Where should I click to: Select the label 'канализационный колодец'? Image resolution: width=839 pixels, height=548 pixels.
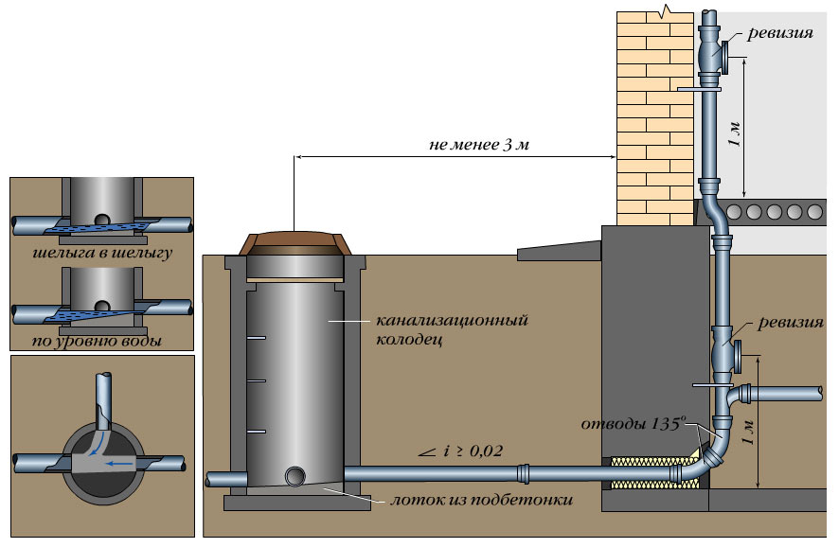(450, 328)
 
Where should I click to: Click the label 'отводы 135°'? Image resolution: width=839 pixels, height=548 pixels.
(629, 425)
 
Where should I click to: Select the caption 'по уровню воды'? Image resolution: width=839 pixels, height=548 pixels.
(100, 340)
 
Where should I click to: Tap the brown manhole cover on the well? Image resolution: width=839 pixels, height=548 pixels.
(295, 244)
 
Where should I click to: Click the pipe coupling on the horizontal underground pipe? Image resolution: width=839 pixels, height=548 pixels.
(524, 472)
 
